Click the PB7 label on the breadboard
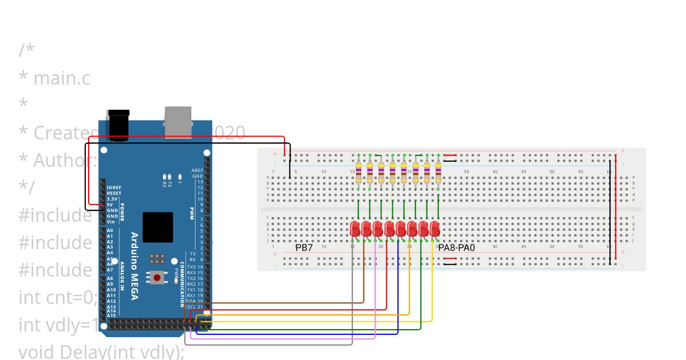[x=304, y=248]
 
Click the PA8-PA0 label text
[x=456, y=248]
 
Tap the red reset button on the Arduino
[x=157, y=278]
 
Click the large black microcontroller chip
[x=158, y=227]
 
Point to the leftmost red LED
[x=355, y=229]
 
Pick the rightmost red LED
[x=435, y=229]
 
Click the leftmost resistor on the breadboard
[x=358, y=171]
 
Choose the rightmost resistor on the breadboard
[x=438, y=171]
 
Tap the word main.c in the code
[x=62, y=78]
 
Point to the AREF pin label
[x=197, y=170]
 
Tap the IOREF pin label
[x=114, y=187]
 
